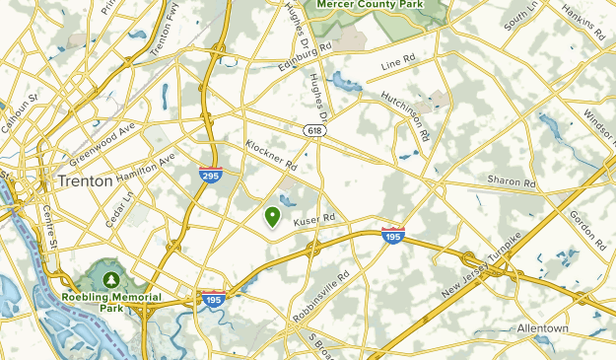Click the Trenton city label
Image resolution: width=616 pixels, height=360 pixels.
[x=85, y=181]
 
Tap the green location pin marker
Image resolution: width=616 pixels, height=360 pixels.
[x=273, y=215]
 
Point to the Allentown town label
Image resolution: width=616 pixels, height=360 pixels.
[x=543, y=327]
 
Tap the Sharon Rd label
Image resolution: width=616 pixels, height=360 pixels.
[x=511, y=182]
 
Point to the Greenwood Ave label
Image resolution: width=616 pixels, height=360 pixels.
[x=102, y=144]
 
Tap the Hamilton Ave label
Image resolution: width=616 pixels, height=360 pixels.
[x=145, y=167]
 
